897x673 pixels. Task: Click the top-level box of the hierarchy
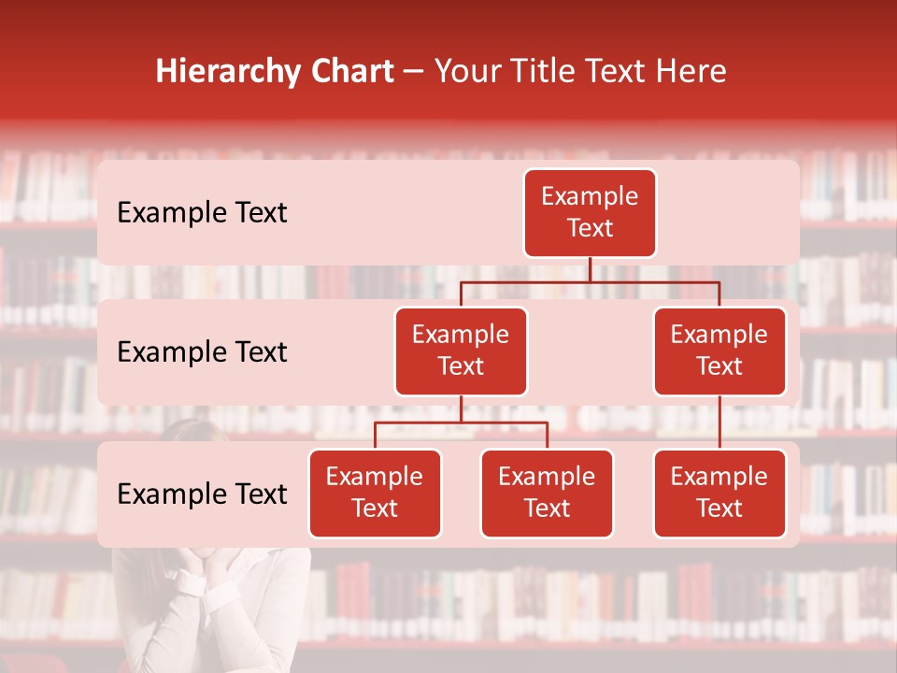(590, 212)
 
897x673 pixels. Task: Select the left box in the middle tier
(461, 351)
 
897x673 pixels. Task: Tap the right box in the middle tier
(719, 351)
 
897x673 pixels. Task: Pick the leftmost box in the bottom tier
(375, 493)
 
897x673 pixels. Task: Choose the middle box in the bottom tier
(547, 493)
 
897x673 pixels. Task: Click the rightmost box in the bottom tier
(719, 493)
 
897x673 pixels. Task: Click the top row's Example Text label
(202, 212)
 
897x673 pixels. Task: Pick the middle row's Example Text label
(202, 351)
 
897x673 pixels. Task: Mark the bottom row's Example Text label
(202, 494)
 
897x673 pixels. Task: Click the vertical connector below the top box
(590, 269)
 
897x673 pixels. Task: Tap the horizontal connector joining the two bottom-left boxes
(461, 422)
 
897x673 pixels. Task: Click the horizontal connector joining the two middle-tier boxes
(590, 281)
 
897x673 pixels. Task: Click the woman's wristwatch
(191, 583)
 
